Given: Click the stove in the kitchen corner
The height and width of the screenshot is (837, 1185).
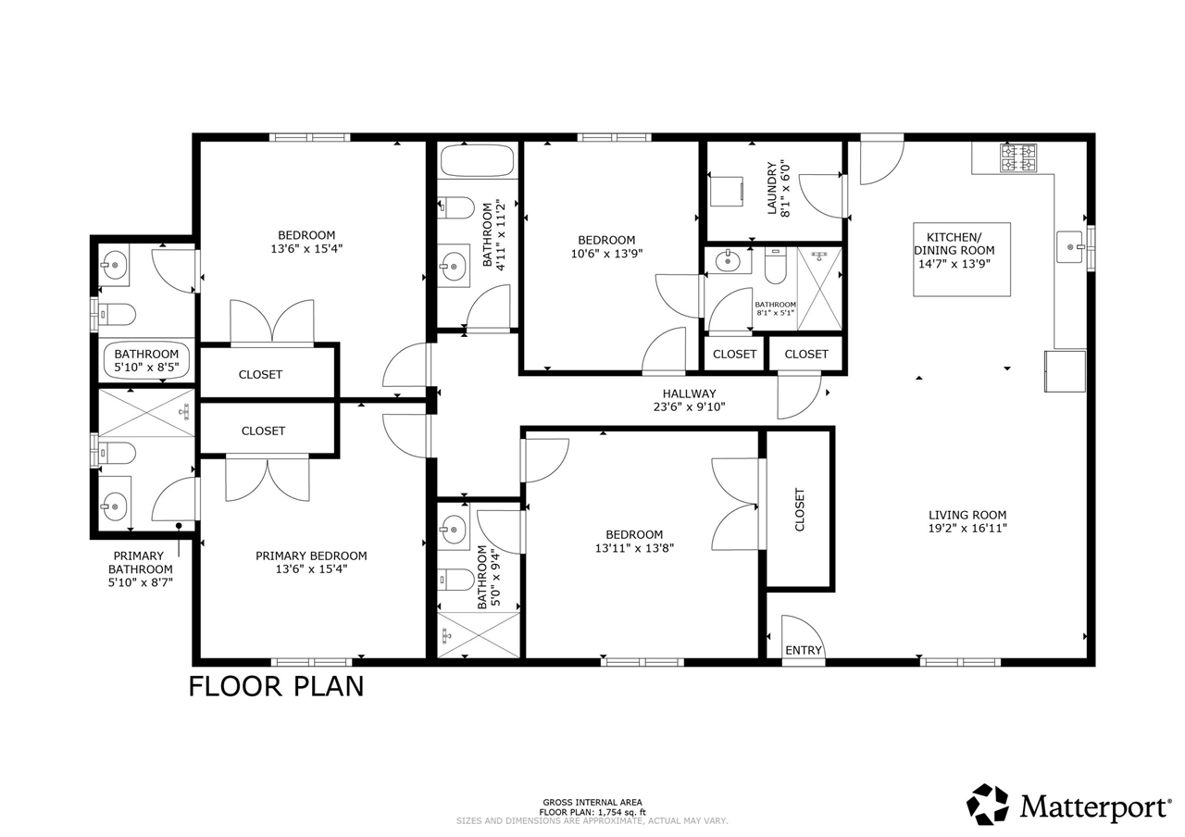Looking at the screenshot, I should click(x=1018, y=157).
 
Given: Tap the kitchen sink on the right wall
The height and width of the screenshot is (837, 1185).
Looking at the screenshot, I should click(x=1069, y=247).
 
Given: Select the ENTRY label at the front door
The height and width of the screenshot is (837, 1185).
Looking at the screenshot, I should click(x=803, y=650).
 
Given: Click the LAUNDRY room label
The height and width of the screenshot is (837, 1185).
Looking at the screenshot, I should click(x=771, y=189).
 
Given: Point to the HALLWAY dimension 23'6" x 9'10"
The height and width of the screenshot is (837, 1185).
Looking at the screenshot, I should click(x=689, y=406).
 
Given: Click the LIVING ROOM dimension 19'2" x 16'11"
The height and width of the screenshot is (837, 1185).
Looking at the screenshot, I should click(x=967, y=529).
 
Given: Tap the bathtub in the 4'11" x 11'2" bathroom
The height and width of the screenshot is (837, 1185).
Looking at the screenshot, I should click(x=477, y=161).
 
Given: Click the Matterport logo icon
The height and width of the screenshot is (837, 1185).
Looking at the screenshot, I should click(x=989, y=805).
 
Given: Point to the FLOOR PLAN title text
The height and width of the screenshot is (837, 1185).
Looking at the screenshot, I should click(x=276, y=686).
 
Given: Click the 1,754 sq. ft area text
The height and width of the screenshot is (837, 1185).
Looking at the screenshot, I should click(x=592, y=812).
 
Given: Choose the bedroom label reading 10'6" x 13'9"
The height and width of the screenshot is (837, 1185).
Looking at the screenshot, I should click(x=606, y=253).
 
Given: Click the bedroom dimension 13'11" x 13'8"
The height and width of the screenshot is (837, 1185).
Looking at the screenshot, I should click(x=634, y=547).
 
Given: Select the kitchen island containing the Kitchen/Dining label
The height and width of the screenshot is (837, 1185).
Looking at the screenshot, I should click(x=961, y=259).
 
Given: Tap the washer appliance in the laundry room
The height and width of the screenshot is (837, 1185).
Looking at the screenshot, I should click(x=727, y=192).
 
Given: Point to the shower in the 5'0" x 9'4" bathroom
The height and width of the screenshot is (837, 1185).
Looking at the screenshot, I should click(x=478, y=635).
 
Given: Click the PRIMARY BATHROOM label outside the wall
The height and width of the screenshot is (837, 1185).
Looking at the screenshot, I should click(x=140, y=569).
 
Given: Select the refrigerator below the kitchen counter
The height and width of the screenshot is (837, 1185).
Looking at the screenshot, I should click(x=1065, y=370).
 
